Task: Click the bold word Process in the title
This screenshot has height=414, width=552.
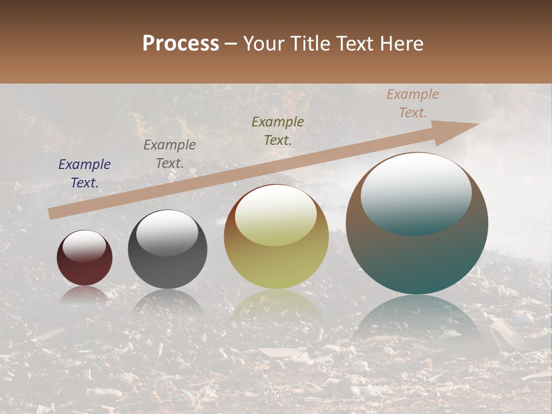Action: [181, 44]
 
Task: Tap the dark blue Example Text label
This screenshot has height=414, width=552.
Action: [85, 173]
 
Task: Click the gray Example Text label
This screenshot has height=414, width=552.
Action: [170, 154]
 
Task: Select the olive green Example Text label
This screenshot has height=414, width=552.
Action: [278, 131]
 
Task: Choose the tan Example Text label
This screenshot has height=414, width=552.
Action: [412, 103]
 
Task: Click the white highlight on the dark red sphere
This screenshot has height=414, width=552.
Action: [84, 246]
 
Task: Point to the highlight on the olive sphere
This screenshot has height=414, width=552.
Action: [276, 216]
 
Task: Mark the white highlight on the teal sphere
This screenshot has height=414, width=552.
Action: [416, 193]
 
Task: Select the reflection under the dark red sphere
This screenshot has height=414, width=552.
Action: [85, 294]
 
